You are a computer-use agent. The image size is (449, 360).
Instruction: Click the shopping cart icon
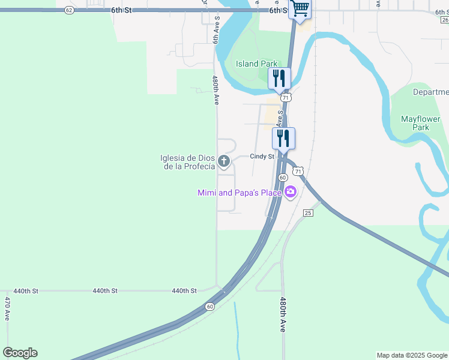(x=300, y=9)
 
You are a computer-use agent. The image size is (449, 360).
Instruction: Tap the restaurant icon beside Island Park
(x=279, y=78)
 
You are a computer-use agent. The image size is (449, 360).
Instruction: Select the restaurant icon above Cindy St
(x=283, y=138)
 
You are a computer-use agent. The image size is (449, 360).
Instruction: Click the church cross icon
(x=224, y=161)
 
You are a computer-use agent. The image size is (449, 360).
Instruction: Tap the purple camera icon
(x=291, y=192)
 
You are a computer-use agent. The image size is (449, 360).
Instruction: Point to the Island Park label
(x=256, y=64)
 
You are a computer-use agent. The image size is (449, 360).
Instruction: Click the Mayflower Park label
(x=424, y=123)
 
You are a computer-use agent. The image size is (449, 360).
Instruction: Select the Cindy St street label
(x=262, y=157)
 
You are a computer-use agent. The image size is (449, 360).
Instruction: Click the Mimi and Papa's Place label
(x=240, y=193)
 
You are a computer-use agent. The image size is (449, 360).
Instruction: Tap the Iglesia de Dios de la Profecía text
(x=187, y=162)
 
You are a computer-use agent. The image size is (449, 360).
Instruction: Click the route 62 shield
(x=70, y=10)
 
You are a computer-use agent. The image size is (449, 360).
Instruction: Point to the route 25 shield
(x=308, y=213)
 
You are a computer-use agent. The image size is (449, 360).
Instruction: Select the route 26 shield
(x=445, y=19)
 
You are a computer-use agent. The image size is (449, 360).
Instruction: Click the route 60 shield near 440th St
(x=209, y=307)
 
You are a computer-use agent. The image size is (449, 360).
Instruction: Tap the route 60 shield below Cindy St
(x=283, y=178)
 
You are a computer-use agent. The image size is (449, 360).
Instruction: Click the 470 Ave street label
(x=8, y=308)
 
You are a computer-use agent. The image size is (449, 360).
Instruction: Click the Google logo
(x=20, y=353)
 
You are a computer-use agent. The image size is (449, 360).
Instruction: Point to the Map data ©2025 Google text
(x=412, y=355)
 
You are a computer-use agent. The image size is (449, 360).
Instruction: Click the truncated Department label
(x=430, y=92)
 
